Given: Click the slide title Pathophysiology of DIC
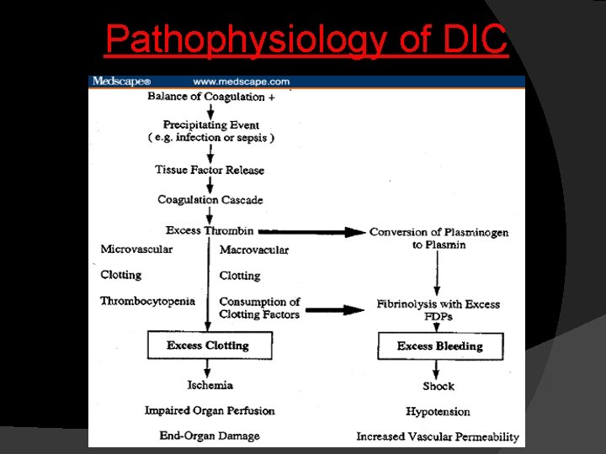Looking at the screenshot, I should pyautogui.click(x=306, y=39).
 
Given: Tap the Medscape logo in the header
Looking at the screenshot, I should pyautogui.click(x=121, y=82).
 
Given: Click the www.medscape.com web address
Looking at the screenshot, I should pyautogui.click(x=241, y=82).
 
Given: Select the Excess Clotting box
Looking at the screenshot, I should pyautogui.click(x=208, y=346).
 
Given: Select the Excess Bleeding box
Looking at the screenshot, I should pyautogui.click(x=439, y=346).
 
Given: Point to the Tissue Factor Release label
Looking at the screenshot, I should pyautogui.click(x=210, y=170).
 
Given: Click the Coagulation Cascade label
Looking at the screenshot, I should pyautogui.click(x=210, y=200).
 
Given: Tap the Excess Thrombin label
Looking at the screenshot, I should pyautogui.click(x=209, y=230).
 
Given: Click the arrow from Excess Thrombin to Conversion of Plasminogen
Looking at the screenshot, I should pyautogui.click(x=311, y=231).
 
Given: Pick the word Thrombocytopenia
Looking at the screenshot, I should pyautogui.click(x=147, y=301).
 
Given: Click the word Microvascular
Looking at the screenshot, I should pyautogui.click(x=136, y=249).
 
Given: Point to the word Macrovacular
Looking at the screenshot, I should pyautogui.click(x=254, y=250).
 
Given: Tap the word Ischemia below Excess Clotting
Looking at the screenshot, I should pyautogui.click(x=210, y=385).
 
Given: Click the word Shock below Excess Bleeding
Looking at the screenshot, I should pyautogui.click(x=439, y=387).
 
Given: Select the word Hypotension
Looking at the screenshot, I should pyautogui.click(x=438, y=412).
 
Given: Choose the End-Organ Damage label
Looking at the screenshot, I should pyautogui.click(x=210, y=436).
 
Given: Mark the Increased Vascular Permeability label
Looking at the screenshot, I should pyautogui.click(x=438, y=436).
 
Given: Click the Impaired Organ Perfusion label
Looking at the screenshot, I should pyautogui.click(x=210, y=410).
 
